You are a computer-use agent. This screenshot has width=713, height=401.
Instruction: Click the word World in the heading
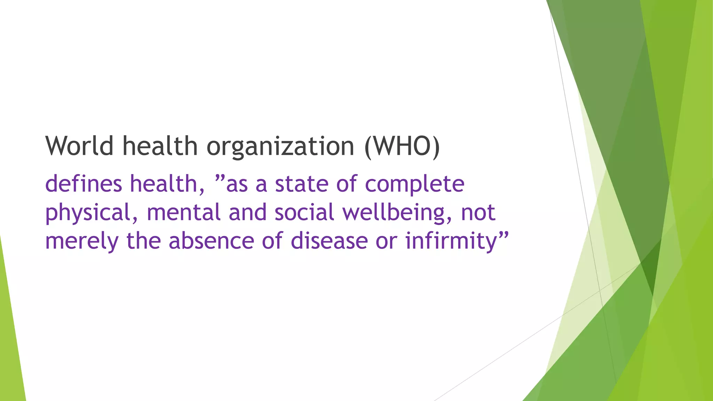coord(79,146)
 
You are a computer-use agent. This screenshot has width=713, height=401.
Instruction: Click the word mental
coord(183,212)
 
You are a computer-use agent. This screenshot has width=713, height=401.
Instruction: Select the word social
coord(304,212)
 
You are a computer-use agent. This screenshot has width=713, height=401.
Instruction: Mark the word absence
coord(211,241)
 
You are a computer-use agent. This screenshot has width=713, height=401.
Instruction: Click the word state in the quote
coord(301,184)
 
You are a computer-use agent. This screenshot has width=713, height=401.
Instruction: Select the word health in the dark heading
coord(160,146)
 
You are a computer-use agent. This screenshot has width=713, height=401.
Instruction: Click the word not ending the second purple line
coord(478,212)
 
